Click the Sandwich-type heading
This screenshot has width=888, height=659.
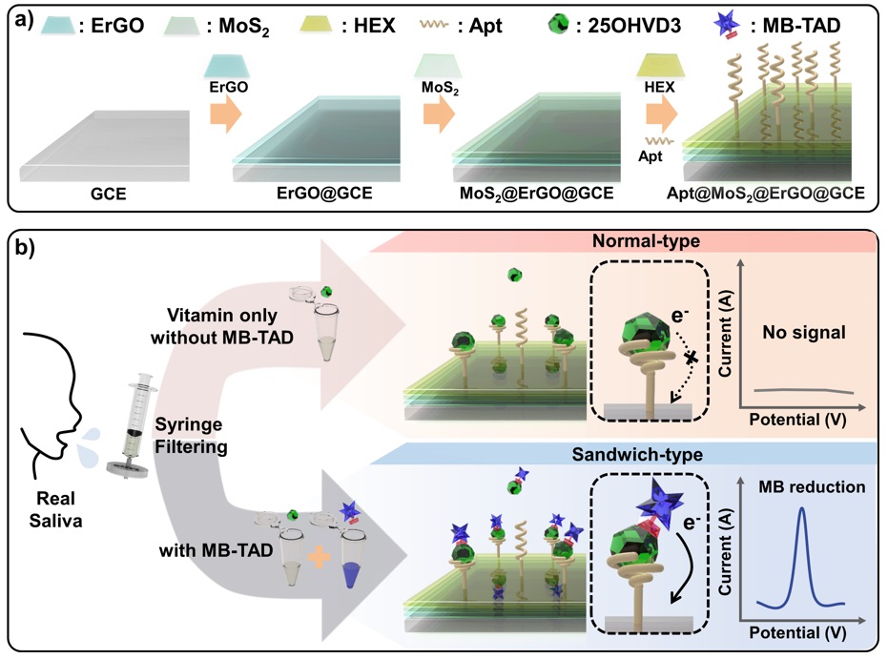tap(621, 453)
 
